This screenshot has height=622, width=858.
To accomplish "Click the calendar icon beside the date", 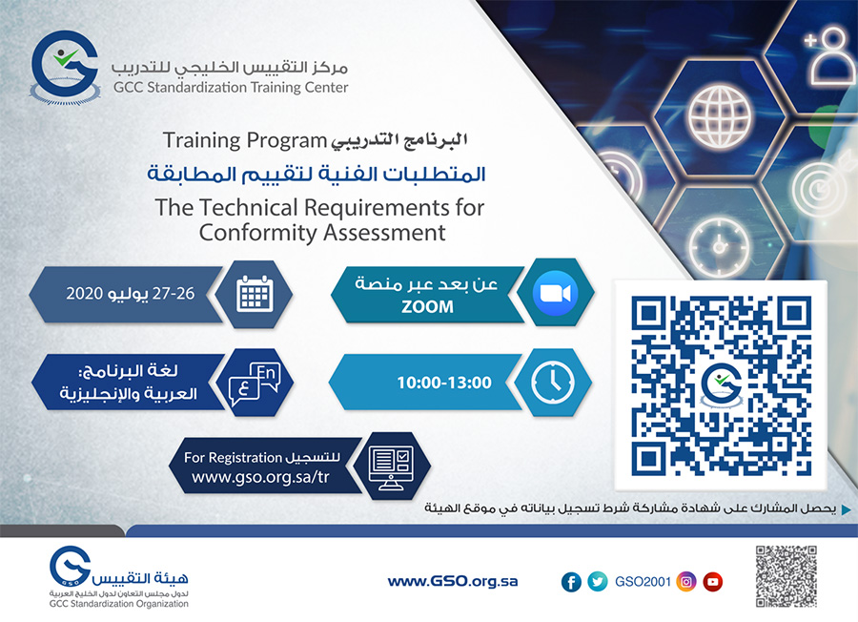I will (253, 293).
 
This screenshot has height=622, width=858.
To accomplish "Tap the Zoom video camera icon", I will (556, 293).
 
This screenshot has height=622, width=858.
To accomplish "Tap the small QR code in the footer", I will (786, 575).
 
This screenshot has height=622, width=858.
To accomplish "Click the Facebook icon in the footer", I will (571, 582).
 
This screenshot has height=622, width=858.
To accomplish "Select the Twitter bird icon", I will (598, 582).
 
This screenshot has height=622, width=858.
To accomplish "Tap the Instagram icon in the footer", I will (685, 582).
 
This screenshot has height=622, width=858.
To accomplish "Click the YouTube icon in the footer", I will (712, 582).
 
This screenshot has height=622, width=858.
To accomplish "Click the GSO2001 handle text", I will (643, 582).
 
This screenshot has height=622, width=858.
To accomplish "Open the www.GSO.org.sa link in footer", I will (453, 581).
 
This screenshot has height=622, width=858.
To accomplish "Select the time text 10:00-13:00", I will (431, 383).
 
